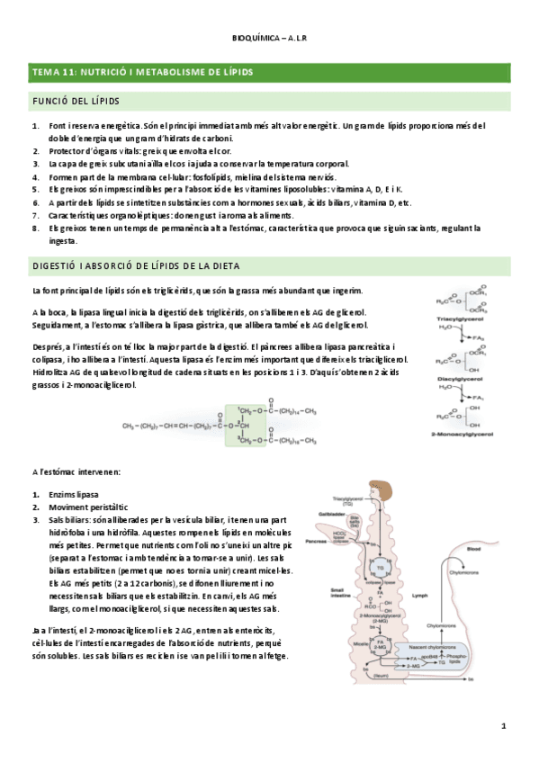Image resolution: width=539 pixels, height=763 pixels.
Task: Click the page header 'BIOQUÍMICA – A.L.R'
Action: (269, 39)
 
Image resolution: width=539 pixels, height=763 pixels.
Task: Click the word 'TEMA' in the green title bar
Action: (46, 70)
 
